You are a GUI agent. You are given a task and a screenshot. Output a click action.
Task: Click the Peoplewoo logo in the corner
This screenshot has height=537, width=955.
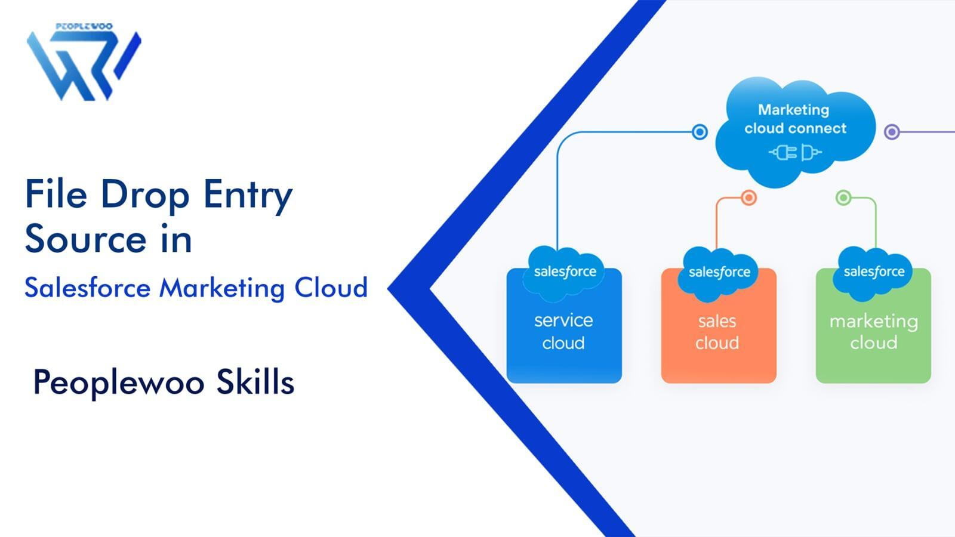(x=84, y=63)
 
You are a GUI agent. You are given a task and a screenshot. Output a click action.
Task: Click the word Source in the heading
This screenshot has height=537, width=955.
(x=85, y=239)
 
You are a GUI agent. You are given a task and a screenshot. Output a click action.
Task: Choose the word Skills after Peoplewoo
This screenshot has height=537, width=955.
(x=255, y=382)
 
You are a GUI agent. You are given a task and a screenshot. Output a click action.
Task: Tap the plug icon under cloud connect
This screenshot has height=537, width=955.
(x=795, y=153)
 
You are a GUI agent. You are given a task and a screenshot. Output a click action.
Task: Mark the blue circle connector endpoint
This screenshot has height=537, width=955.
(x=700, y=132)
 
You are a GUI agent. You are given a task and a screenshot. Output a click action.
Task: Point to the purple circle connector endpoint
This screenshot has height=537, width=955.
(x=892, y=132)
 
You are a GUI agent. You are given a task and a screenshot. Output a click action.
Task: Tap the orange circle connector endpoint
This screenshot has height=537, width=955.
(x=748, y=197)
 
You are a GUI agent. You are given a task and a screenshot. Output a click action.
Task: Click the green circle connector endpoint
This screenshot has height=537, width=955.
(x=843, y=197)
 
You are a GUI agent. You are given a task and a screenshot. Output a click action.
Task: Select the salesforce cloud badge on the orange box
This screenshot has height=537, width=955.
(x=719, y=273)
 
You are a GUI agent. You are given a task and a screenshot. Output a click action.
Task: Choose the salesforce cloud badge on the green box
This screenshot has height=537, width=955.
(x=874, y=272)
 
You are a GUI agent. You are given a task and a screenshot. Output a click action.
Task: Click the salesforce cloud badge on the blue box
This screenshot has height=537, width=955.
(x=565, y=272)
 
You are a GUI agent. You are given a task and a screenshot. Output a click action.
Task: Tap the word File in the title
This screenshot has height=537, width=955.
(x=56, y=195)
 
